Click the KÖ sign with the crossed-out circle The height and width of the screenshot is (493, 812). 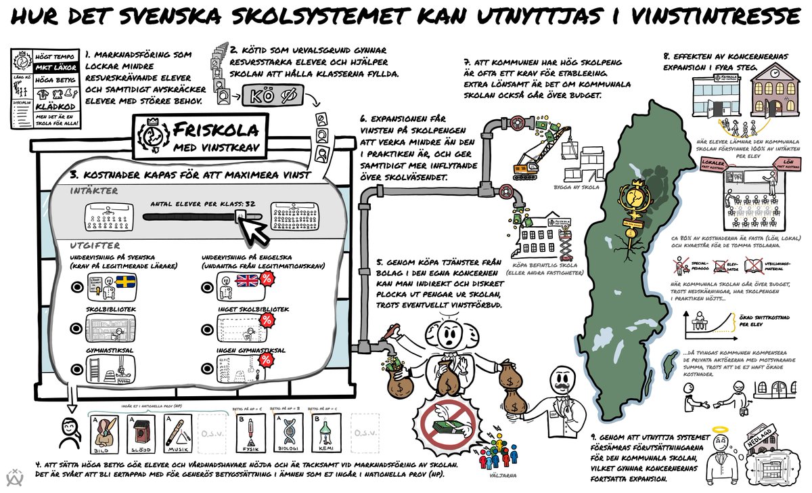268,95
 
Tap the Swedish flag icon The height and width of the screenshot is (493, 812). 126,280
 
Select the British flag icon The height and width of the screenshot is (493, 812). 246,280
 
